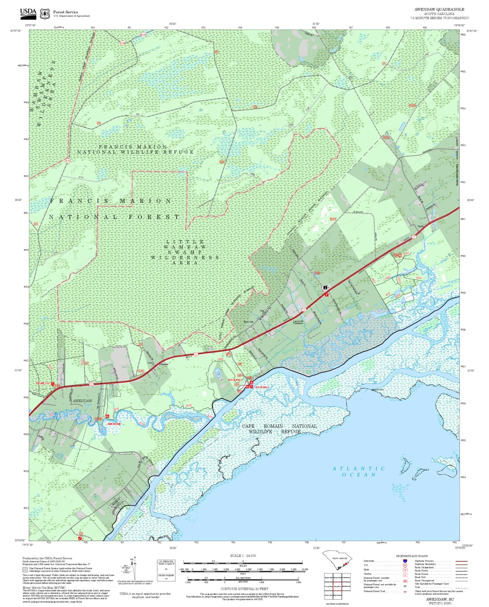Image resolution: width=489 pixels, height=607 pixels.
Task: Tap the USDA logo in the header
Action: (x=28, y=13)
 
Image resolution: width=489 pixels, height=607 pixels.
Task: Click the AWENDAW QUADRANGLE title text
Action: (x=439, y=9)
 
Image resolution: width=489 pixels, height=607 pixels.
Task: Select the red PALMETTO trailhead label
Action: (x=42, y=383)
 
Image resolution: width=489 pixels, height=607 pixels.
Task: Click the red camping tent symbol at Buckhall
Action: (x=251, y=383)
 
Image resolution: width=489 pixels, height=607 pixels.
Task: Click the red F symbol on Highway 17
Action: (x=327, y=295)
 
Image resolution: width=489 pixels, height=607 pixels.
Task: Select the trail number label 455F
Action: (x=419, y=278)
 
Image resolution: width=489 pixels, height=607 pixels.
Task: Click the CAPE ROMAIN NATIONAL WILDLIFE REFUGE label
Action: (x=279, y=429)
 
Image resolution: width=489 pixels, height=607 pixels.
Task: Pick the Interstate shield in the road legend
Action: (x=405, y=561)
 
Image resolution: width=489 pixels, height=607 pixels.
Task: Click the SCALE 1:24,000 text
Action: (x=243, y=556)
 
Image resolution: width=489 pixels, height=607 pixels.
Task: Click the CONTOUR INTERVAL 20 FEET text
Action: (x=244, y=589)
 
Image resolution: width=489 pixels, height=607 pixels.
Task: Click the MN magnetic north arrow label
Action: (x=132, y=559)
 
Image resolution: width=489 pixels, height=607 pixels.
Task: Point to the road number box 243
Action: (x=81, y=533)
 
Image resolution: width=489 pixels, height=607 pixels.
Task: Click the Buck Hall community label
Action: (x=248, y=322)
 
